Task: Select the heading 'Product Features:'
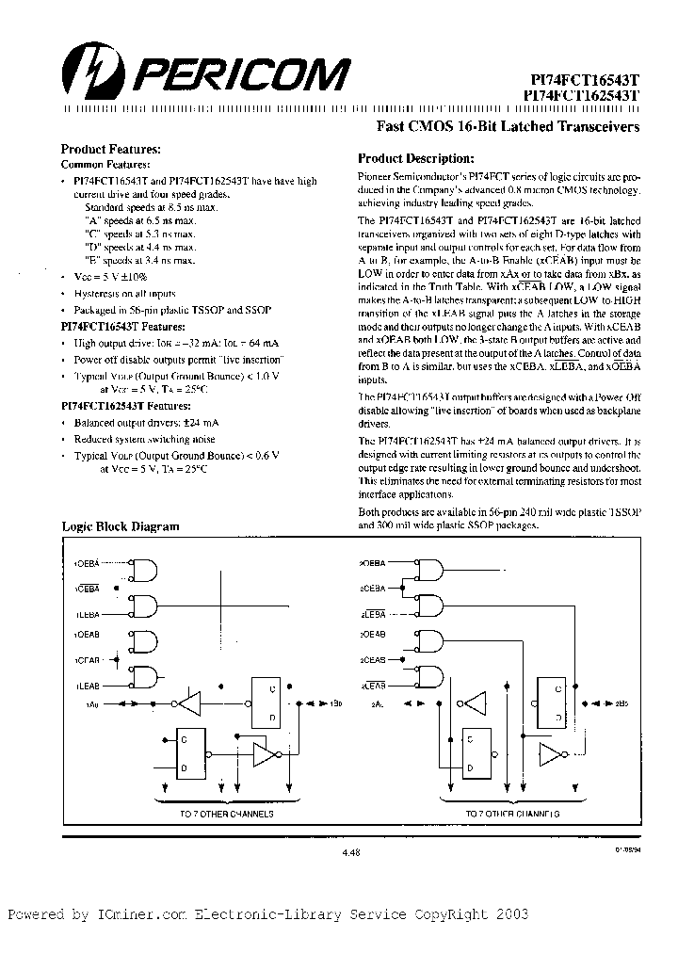click(111, 149)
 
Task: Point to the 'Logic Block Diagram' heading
click(120, 526)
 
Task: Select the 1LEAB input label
click(88, 685)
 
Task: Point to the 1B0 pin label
click(336, 704)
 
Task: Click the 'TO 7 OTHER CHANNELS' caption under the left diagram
click(227, 812)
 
